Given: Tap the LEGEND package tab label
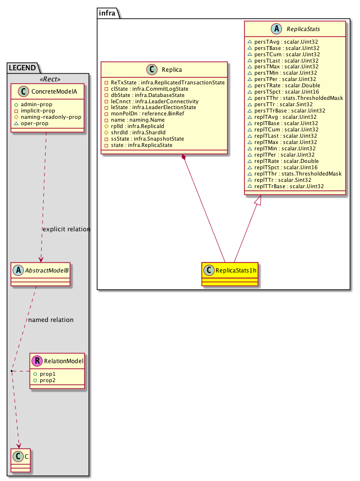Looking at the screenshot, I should tap(23, 67).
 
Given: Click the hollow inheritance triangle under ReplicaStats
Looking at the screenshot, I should tap(261, 199).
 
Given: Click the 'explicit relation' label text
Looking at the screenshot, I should tap(66, 229).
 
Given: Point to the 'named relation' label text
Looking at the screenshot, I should tap(51, 320).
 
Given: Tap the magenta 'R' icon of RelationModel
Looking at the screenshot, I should tap(37, 361).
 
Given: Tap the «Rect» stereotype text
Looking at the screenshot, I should tap(49, 80).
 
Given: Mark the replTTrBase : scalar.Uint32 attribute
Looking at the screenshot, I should tap(289, 186).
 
